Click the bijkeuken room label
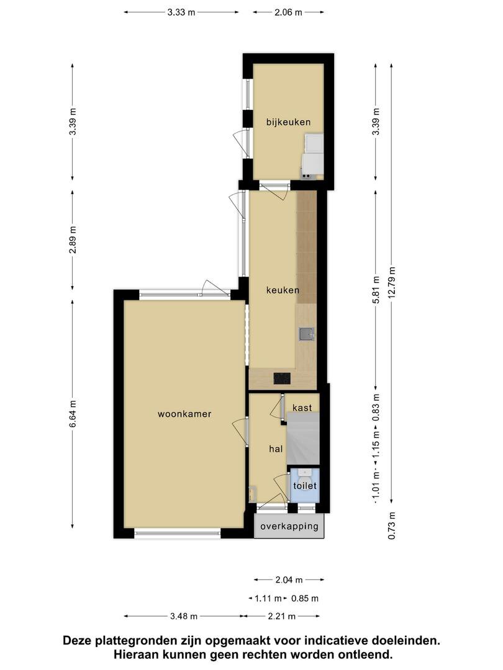pos(288,122)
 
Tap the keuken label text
pos(283,290)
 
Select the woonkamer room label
pos(184,414)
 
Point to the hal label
pos(276,449)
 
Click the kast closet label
pos(302,408)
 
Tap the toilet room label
pos(305,486)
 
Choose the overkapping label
pos(289,526)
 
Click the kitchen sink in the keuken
pos(306,334)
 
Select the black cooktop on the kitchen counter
pos(282,378)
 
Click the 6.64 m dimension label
pos(73,413)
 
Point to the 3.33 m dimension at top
pos(181,12)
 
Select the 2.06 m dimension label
pos(288,12)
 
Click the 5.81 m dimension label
pos(376,290)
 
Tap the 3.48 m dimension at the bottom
pos(184,616)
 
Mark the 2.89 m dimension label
pos(73,239)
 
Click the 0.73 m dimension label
pos(392,525)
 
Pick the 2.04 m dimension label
pos(289,580)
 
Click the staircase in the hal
pos(303,439)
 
